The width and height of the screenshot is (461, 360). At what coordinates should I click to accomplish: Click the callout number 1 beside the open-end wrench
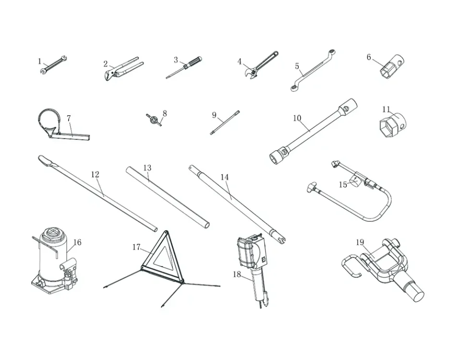40,61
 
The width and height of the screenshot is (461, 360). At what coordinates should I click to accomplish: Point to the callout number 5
297,66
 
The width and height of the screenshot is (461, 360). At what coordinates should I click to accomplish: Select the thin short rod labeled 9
225,122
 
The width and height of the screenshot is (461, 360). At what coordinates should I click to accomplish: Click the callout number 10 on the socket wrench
297,118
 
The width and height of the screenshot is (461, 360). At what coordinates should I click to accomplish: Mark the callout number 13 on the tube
147,168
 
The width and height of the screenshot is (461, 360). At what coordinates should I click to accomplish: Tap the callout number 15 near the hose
343,185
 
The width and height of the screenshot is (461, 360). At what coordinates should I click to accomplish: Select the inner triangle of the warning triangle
162,256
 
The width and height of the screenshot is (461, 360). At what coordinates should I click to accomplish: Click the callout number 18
237,275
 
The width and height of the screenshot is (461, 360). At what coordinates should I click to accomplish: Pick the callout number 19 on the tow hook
360,242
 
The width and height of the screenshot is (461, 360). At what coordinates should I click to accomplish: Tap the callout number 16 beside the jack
77,242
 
